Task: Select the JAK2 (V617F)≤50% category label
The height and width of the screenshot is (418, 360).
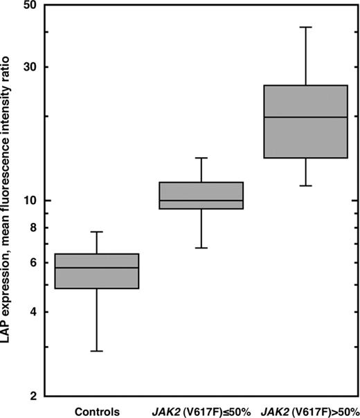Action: pos(201,409)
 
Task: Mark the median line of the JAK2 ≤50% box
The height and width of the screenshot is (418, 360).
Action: pos(201,201)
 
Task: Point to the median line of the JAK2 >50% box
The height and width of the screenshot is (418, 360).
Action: pos(306,117)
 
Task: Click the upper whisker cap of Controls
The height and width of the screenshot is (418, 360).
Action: pos(97,232)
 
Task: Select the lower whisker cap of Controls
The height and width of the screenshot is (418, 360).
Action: pos(97,352)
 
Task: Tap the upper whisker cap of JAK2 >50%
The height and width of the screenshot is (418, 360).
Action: pos(306,27)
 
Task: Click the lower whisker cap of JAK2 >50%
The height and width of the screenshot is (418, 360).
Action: pos(306,186)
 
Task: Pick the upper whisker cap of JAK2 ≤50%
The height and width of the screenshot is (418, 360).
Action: pos(201,158)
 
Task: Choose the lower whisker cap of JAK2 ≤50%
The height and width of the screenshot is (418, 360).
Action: pos(201,248)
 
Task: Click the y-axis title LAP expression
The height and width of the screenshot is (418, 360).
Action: pos(10,201)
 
